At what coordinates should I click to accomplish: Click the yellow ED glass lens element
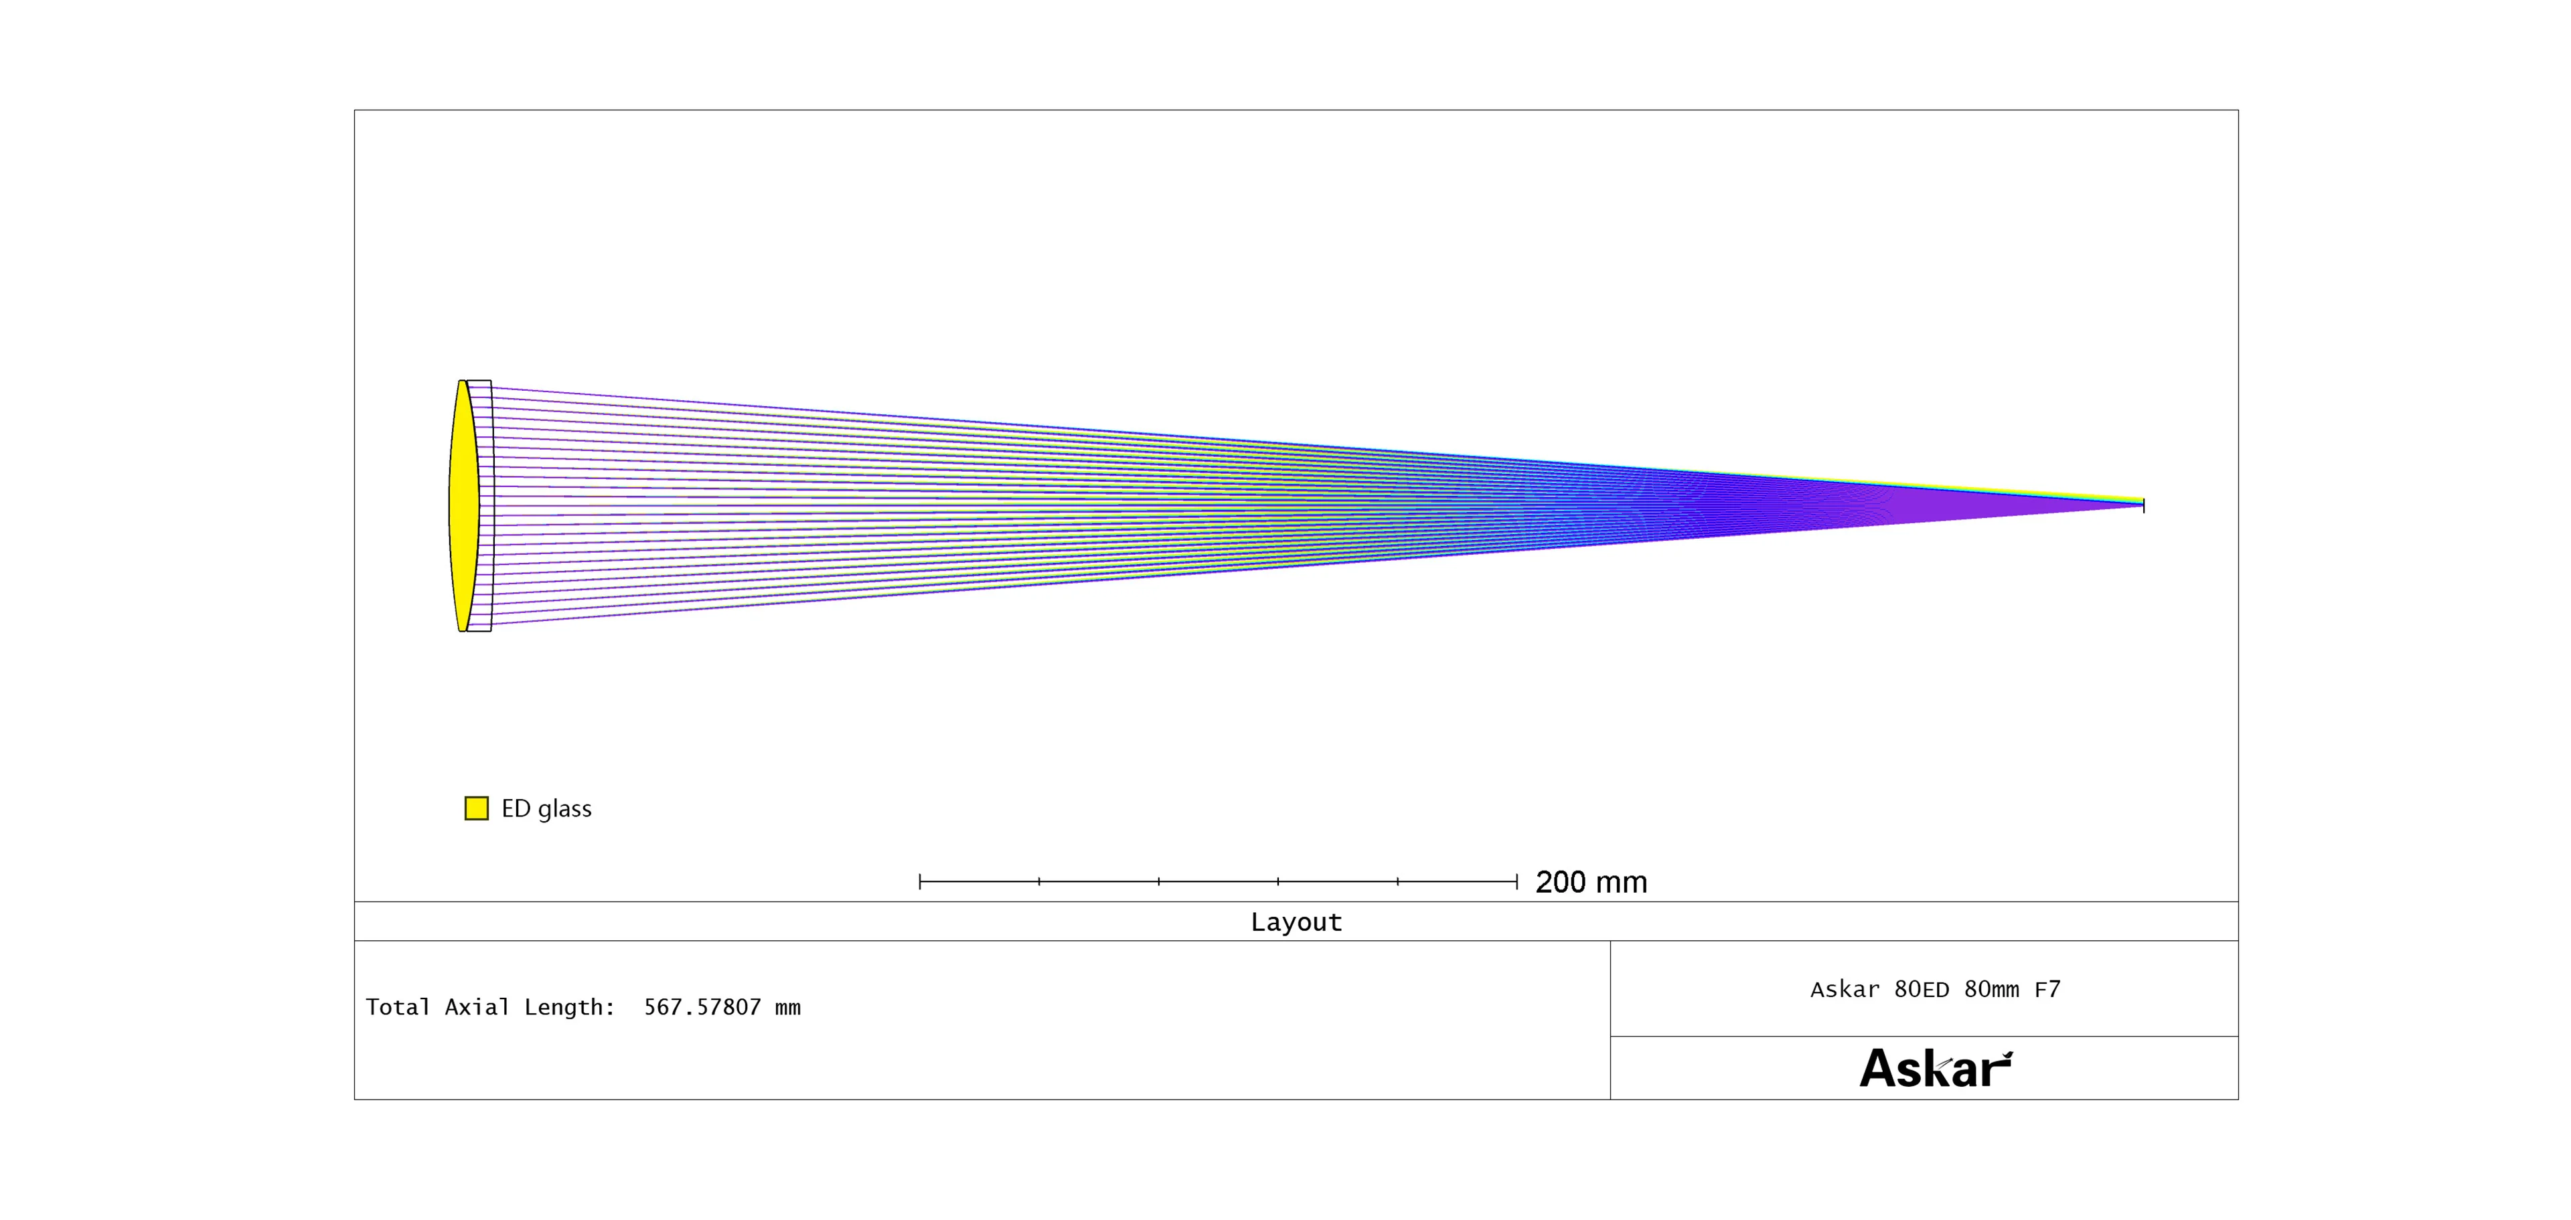pyautogui.click(x=463, y=506)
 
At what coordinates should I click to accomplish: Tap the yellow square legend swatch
pyautogui.click(x=477, y=808)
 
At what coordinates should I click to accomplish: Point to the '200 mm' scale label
pyautogui.click(x=1591, y=882)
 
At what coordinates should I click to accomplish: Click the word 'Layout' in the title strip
pyautogui.click(x=1296, y=922)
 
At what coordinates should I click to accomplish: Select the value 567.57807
pyautogui.click(x=702, y=1007)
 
